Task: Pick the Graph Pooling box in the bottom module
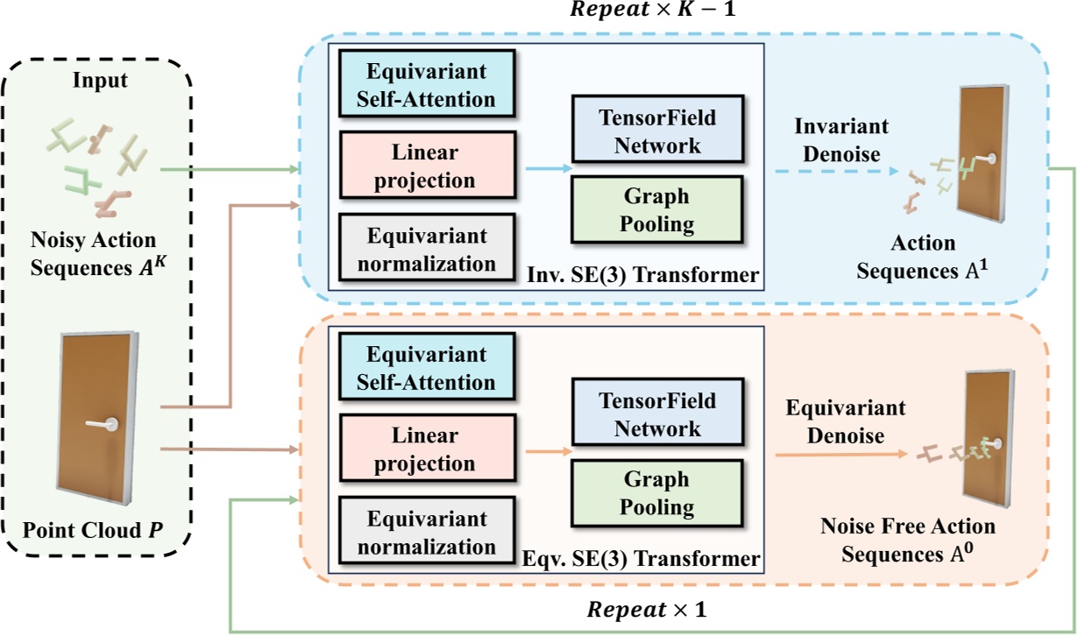(656, 493)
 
